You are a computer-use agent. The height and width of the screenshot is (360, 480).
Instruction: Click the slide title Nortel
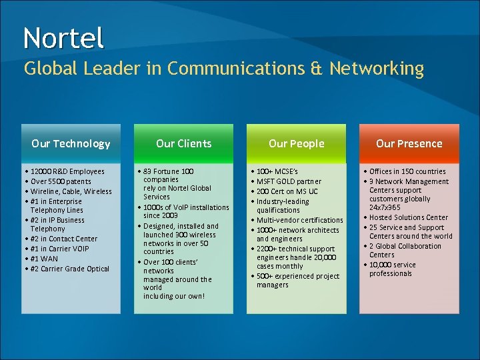[x=63, y=38]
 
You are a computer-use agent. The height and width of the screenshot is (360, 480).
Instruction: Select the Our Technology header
[x=71, y=143]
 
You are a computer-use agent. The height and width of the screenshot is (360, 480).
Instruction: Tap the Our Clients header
[x=183, y=143]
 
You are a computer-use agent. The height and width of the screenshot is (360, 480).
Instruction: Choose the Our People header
[x=296, y=143]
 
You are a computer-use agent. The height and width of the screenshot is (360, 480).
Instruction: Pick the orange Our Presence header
[x=409, y=143]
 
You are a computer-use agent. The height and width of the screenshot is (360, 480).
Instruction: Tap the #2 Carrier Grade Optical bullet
[x=69, y=269]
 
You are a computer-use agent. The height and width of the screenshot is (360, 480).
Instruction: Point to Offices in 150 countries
[x=407, y=171]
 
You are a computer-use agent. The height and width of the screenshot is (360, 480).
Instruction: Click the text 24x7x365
[x=385, y=207]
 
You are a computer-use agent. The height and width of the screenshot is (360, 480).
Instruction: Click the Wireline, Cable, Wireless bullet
[x=69, y=191]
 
